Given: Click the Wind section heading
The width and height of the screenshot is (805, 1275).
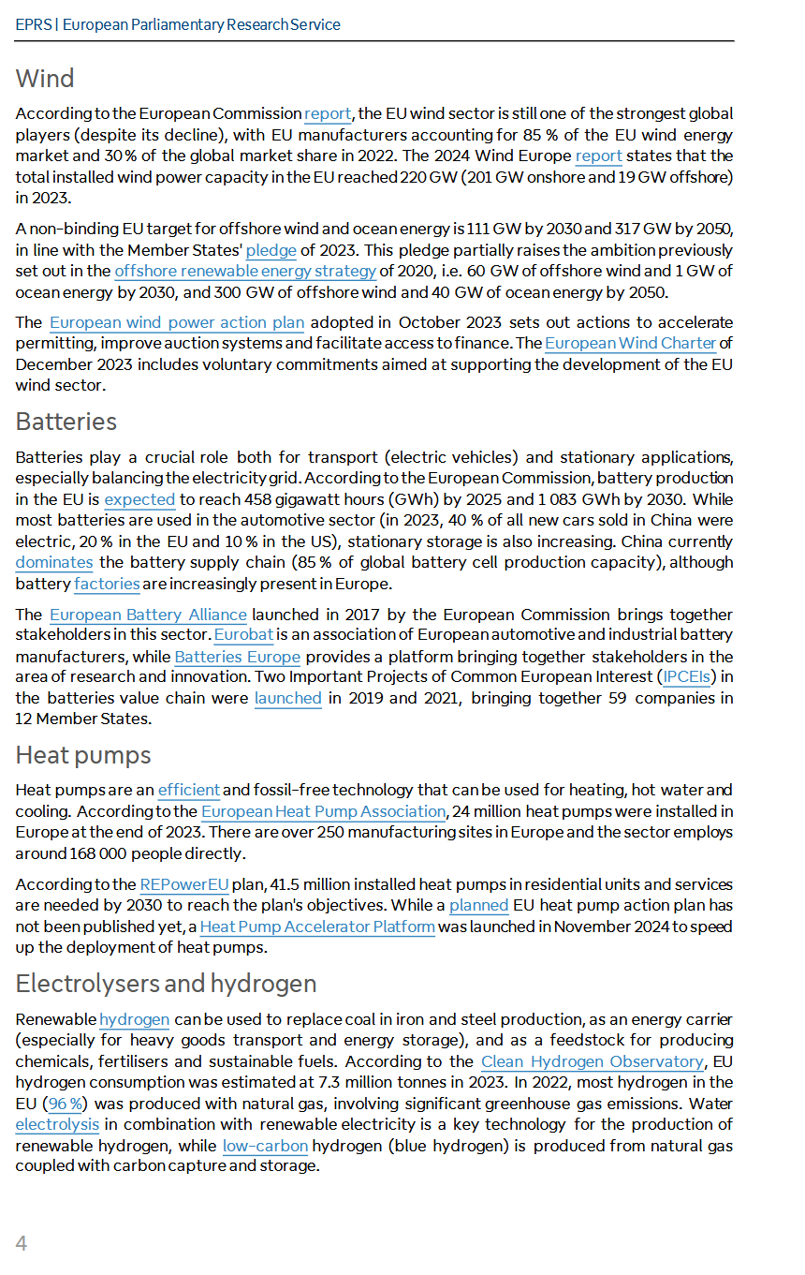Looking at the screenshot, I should (x=45, y=79).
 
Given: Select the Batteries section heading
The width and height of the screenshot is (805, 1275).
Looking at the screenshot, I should (x=66, y=422).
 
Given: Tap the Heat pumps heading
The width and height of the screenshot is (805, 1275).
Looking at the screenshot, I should (x=83, y=755).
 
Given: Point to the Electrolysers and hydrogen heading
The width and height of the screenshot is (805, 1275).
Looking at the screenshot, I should (x=166, y=984).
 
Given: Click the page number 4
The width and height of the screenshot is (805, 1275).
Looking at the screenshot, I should (x=22, y=1243).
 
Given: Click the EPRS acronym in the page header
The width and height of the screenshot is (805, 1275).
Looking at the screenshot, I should (x=33, y=24).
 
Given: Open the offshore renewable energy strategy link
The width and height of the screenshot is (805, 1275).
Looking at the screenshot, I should (x=245, y=271).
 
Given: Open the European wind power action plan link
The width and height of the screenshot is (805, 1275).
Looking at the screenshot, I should (x=177, y=322).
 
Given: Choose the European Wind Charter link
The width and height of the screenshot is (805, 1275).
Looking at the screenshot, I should (x=630, y=343).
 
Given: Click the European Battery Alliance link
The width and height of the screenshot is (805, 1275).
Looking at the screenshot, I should (x=148, y=615).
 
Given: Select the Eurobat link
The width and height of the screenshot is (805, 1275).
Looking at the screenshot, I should (x=243, y=635).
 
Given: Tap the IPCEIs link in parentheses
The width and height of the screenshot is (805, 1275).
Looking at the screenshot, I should (x=687, y=677).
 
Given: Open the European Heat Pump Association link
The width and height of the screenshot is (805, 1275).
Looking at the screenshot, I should (x=323, y=811).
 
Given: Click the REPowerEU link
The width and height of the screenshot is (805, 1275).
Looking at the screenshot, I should (x=184, y=884).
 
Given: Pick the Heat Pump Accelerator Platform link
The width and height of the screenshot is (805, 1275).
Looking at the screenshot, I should (x=317, y=927).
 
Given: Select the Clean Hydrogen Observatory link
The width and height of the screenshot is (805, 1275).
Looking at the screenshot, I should (x=592, y=1061).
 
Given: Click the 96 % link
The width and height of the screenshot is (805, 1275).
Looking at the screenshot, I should (x=66, y=1104).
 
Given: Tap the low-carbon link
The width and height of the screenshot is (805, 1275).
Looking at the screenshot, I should (x=265, y=1146).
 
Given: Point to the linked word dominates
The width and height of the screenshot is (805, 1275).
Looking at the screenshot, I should (x=54, y=562).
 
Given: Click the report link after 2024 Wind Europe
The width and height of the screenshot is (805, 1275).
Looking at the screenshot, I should (x=598, y=156).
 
